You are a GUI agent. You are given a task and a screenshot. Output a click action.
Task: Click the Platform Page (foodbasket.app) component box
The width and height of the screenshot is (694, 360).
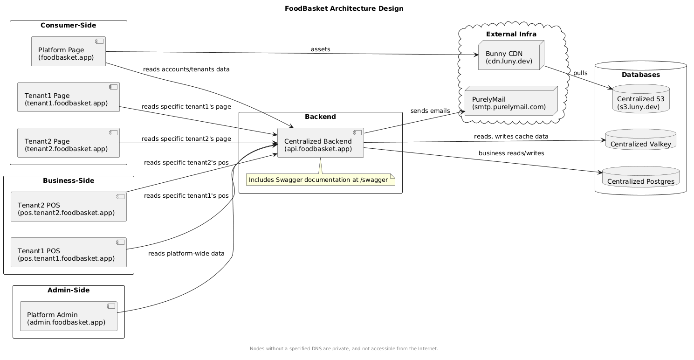[x=68, y=51]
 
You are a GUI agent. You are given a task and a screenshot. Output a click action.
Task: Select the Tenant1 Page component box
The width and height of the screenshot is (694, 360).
[x=68, y=97]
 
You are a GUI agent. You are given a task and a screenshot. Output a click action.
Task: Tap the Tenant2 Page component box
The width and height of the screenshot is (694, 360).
[x=68, y=143]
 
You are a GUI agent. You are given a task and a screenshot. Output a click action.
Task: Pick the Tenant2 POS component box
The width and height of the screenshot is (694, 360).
[x=68, y=206]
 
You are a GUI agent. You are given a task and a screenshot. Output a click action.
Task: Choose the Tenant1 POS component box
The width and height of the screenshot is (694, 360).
[x=68, y=252]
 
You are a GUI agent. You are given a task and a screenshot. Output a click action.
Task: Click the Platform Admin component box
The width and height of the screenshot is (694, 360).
[x=68, y=316]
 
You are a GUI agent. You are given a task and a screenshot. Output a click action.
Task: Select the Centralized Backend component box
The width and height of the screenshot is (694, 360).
[x=320, y=143]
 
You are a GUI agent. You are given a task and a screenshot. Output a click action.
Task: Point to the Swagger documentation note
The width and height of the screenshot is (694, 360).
[x=320, y=180]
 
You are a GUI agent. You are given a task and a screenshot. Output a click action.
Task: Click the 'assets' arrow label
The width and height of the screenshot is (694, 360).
[x=321, y=49]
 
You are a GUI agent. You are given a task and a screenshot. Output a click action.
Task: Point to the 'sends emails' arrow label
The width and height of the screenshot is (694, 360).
[x=430, y=111]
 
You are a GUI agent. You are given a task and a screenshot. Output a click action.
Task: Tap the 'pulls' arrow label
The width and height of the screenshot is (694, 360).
[x=580, y=73]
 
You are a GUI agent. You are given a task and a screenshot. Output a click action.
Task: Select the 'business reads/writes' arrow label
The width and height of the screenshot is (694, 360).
[x=511, y=153]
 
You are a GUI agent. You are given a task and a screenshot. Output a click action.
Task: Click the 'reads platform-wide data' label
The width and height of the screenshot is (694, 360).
[x=186, y=254]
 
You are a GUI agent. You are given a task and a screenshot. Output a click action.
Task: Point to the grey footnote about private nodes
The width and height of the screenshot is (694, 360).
[x=344, y=349]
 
